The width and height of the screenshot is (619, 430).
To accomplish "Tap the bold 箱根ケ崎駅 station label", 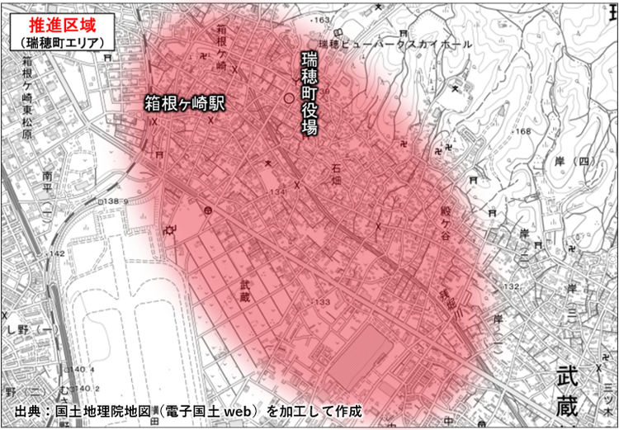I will [186, 103].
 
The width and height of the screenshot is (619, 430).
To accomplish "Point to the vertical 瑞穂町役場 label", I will [309, 95].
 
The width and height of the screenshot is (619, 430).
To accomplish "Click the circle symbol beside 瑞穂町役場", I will [288, 97].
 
